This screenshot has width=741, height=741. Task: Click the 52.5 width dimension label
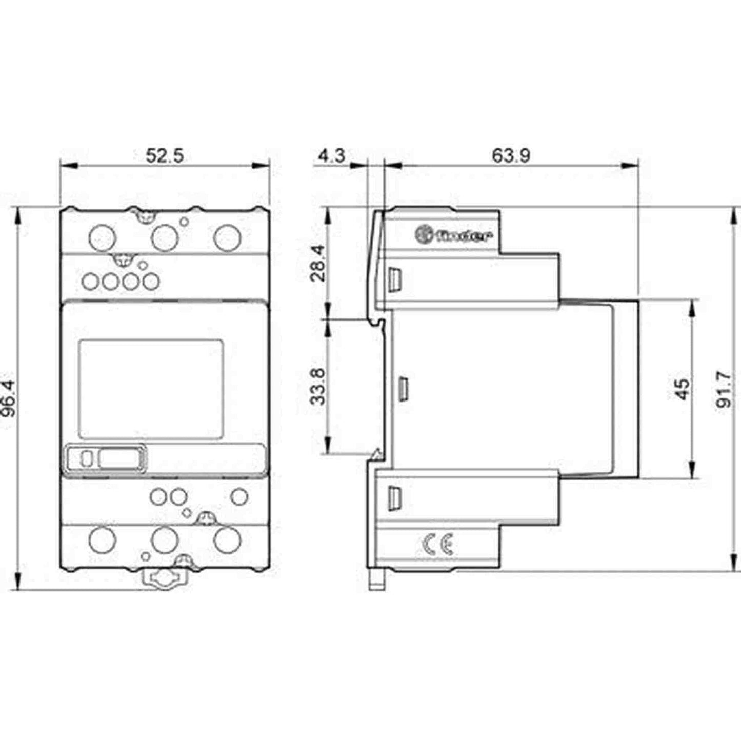point(164,155)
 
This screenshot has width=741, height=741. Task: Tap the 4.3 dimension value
point(331,155)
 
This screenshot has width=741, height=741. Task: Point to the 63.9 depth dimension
point(511,155)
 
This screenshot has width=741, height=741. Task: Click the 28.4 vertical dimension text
point(318,263)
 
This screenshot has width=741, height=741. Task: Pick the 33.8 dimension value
point(318,386)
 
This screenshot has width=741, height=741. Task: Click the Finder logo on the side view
point(453,235)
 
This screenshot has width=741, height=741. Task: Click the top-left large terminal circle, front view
point(103,237)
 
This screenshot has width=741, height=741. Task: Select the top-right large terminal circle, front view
point(227,237)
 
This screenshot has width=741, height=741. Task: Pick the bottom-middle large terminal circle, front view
point(165,539)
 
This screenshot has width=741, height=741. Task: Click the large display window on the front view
point(151,389)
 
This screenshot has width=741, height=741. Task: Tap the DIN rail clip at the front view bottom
point(165,580)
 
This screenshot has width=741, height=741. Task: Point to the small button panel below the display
point(107,458)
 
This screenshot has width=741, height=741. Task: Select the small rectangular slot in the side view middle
point(403,388)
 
